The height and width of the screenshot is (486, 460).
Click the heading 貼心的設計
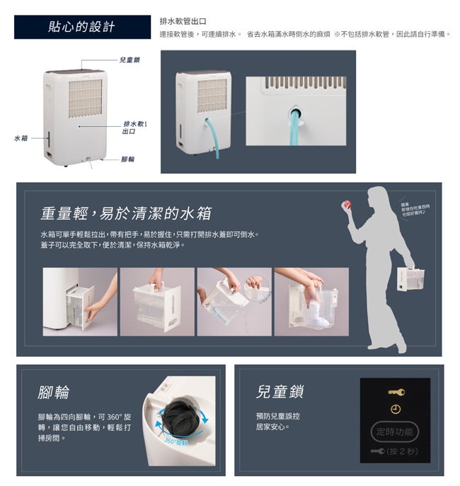82,27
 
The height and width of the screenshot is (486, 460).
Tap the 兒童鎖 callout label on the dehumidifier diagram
129,60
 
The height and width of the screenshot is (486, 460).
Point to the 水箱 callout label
21,137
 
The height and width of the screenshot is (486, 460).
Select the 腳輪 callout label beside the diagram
128,159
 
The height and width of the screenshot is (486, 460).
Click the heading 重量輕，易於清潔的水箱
125,213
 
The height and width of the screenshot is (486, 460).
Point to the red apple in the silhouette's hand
347,204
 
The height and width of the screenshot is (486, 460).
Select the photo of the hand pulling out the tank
80,301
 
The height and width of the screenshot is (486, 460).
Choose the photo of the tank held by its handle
156,301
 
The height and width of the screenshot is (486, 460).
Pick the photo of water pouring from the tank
234,301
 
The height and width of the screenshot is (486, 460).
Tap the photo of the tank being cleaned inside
311,301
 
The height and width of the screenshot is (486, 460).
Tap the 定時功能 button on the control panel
395,431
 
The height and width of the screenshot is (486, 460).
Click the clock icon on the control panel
396,409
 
